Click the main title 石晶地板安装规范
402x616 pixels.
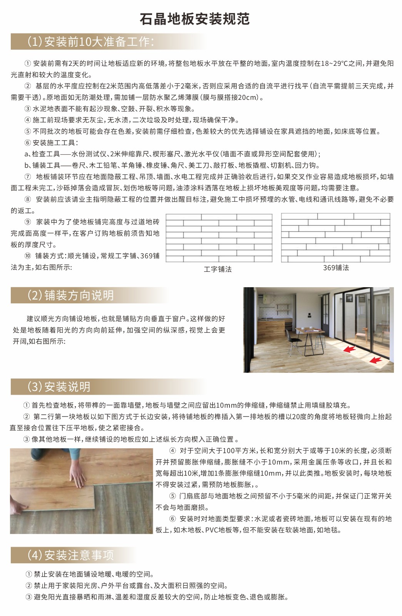pyautogui.click(x=195, y=19)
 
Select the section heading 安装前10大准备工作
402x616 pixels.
pyautogui.click(x=91, y=42)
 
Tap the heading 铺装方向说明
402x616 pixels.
pyautogui.click(x=71, y=295)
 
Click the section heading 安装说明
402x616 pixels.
pyautogui.click(x=59, y=387)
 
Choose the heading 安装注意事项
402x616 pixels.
pyautogui.click(x=71, y=555)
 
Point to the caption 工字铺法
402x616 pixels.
pyautogui.click(x=218, y=269)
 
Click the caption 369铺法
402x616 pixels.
pyautogui.click(x=336, y=268)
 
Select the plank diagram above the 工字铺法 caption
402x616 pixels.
pyautogui.click(x=219, y=238)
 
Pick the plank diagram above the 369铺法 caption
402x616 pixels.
pyautogui.click(x=335, y=238)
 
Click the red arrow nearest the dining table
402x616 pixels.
pyautogui.click(x=349, y=349)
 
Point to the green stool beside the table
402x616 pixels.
pyautogui.click(x=320, y=339)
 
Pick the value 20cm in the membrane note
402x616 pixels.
pyautogui.click(x=248, y=97)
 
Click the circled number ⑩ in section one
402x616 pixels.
pyautogui.click(x=28, y=256)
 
